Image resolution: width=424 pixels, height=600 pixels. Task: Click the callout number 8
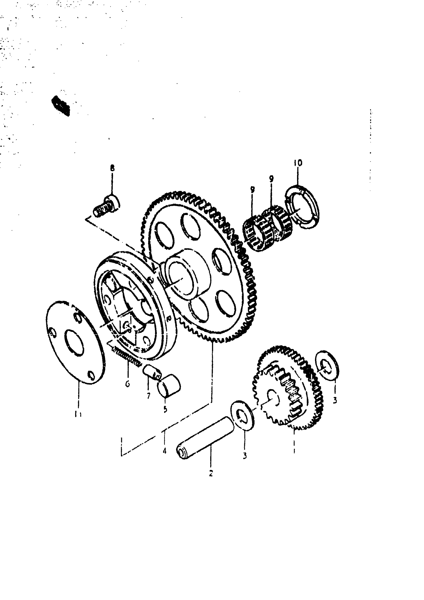pyautogui.click(x=112, y=168)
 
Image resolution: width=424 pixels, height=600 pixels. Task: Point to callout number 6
pyautogui.click(x=127, y=384)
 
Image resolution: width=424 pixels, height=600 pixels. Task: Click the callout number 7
pyautogui.click(x=148, y=396)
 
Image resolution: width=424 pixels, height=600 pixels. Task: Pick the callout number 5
pyautogui.click(x=165, y=409)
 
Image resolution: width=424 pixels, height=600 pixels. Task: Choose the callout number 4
pyautogui.click(x=164, y=451)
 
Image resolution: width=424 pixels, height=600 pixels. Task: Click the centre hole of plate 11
pyautogui.click(x=75, y=342)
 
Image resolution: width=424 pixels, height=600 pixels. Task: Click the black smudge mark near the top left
pyautogui.click(x=61, y=106)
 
